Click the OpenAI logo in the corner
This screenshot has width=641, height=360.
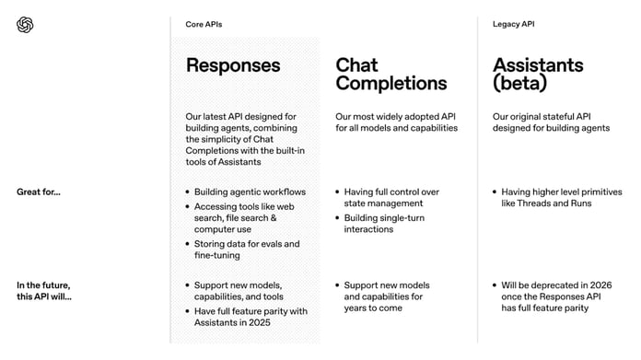(x=25, y=25)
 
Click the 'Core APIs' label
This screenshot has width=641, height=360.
(x=204, y=24)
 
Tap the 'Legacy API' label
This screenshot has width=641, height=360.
(x=513, y=24)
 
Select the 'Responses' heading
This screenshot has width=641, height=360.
(x=233, y=65)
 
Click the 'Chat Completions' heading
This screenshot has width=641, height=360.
(x=390, y=74)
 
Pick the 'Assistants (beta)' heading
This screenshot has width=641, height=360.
(x=538, y=74)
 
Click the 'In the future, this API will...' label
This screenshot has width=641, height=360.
(x=43, y=291)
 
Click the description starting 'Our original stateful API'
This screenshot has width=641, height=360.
(x=551, y=122)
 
